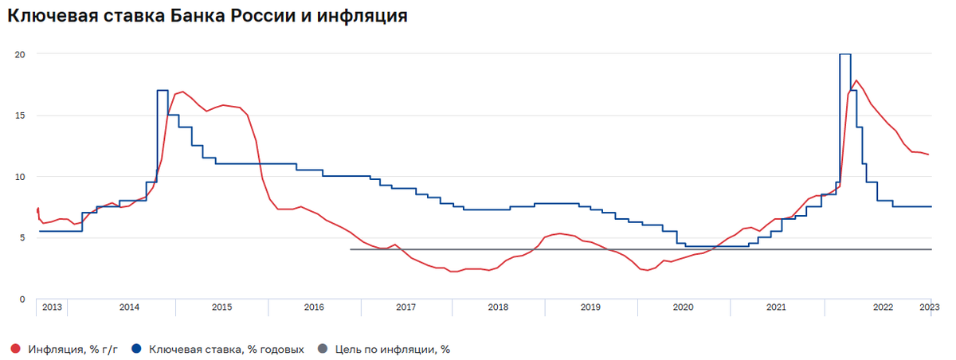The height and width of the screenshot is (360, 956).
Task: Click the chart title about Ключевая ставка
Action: click(207, 16)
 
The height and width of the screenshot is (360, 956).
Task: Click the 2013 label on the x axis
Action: click(52, 307)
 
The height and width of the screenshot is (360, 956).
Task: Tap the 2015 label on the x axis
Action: click(221, 307)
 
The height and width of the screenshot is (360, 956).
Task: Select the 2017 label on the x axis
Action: click(406, 307)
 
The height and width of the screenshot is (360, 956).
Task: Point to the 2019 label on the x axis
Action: click(590, 307)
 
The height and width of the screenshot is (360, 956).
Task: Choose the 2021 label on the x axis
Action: click(776, 307)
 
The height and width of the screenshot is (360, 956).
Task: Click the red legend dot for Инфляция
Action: click(15, 349)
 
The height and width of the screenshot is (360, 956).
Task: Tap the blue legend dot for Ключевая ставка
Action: click(136, 349)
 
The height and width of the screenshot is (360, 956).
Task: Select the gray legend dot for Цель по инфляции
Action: click(322, 349)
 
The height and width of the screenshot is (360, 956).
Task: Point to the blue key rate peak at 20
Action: click(845, 54)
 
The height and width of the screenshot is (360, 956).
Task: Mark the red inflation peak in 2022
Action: click(856, 80)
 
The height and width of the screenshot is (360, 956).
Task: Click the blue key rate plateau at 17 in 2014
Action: click(163, 91)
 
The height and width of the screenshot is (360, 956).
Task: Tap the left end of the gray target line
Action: click(351, 249)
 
